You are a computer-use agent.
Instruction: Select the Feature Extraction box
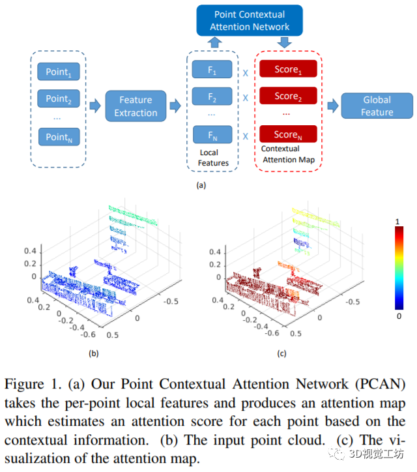click(x=135, y=106)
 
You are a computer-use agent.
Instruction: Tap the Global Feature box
click(x=377, y=106)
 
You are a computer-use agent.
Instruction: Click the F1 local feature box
click(x=213, y=71)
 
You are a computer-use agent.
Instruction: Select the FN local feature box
click(x=213, y=136)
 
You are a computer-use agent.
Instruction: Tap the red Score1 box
click(x=288, y=69)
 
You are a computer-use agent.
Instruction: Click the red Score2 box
click(x=288, y=96)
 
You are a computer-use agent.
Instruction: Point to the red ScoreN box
click(x=288, y=134)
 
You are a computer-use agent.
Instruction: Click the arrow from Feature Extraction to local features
click(x=175, y=106)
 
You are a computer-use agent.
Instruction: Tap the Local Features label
click(x=214, y=158)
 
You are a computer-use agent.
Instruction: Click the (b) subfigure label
click(x=94, y=354)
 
